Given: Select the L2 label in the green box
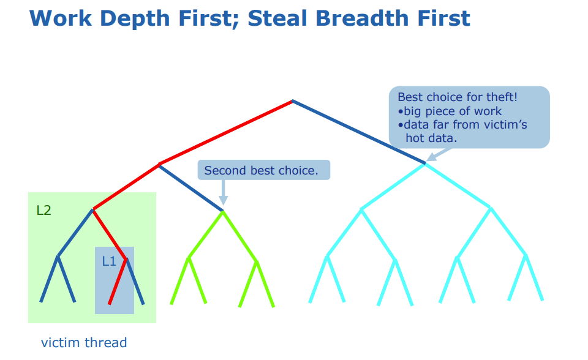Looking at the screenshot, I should point(43,211).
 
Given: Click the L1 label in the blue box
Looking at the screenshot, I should point(108,261).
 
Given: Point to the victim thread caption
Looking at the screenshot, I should point(84,342).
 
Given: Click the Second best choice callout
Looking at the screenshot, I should point(263,170).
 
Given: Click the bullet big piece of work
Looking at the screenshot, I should point(452,111).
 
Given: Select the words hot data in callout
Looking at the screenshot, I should point(431,138).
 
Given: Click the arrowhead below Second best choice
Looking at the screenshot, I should point(223,201).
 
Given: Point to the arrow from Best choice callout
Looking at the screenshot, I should point(432,156).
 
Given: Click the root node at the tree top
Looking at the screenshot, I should point(293,100).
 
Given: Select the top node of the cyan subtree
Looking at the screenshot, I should point(425,164).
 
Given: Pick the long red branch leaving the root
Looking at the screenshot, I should point(227,132).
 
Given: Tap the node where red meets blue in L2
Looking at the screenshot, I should point(93,210).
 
